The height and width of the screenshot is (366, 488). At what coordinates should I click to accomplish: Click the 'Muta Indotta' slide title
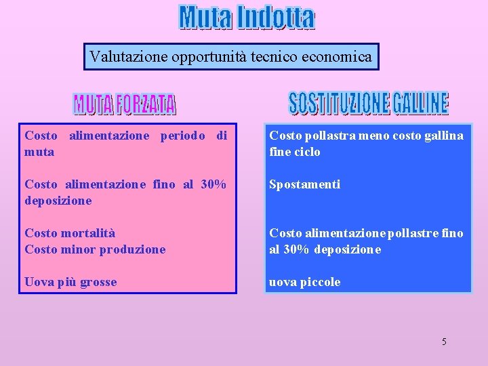click(x=247, y=18)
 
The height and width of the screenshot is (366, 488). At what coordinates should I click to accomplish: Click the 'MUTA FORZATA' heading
click(x=125, y=104)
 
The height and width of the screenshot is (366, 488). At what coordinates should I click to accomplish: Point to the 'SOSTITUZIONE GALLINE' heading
click(x=368, y=102)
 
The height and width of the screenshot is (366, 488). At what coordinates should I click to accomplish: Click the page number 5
click(x=444, y=342)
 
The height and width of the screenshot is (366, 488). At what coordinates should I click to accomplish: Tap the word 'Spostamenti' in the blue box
click(x=304, y=184)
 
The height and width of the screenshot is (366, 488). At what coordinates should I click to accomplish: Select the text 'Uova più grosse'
click(x=70, y=282)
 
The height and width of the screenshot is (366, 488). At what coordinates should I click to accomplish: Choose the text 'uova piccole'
click(x=304, y=282)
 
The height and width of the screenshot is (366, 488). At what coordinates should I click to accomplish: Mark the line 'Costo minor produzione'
click(x=95, y=249)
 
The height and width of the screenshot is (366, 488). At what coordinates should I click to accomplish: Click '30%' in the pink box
click(x=213, y=184)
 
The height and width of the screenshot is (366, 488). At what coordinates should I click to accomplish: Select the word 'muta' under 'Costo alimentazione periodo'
click(x=39, y=152)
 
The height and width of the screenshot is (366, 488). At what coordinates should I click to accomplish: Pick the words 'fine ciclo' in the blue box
click(x=295, y=152)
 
